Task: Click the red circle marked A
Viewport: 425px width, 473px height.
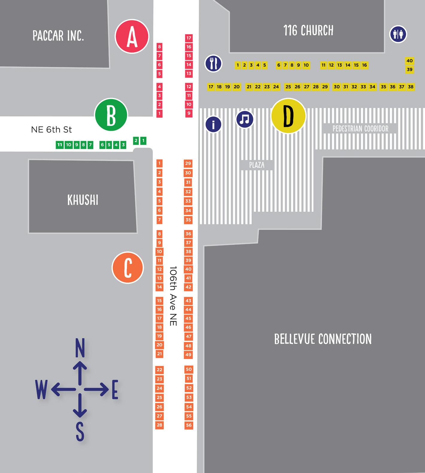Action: [x=132, y=36]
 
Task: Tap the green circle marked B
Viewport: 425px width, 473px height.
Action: [x=111, y=115]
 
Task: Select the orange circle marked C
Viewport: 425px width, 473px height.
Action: [x=128, y=268]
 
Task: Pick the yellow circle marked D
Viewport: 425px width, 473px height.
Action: [x=289, y=116]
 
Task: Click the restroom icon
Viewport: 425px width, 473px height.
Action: [x=398, y=34]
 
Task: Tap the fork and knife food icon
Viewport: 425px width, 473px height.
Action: [x=213, y=63]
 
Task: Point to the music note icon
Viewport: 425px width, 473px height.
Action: [x=245, y=119]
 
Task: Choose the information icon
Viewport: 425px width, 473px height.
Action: [x=213, y=124]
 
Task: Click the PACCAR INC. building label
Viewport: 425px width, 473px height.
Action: [x=58, y=36]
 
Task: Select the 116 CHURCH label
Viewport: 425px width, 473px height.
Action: [x=308, y=31]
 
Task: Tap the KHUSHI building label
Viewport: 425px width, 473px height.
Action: [x=83, y=200]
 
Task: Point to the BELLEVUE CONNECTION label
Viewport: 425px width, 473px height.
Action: [x=323, y=339]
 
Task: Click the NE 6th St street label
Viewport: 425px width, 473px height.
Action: [x=51, y=130]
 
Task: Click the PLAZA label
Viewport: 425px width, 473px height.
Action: [x=257, y=165]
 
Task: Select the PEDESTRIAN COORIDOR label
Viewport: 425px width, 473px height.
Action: [x=360, y=129]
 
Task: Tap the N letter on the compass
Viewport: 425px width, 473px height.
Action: [x=80, y=348]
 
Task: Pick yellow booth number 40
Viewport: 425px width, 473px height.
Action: [x=409, y=61]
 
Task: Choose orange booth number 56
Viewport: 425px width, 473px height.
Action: [x=189, y=425]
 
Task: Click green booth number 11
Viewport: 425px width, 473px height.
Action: [x=60, y=145]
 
